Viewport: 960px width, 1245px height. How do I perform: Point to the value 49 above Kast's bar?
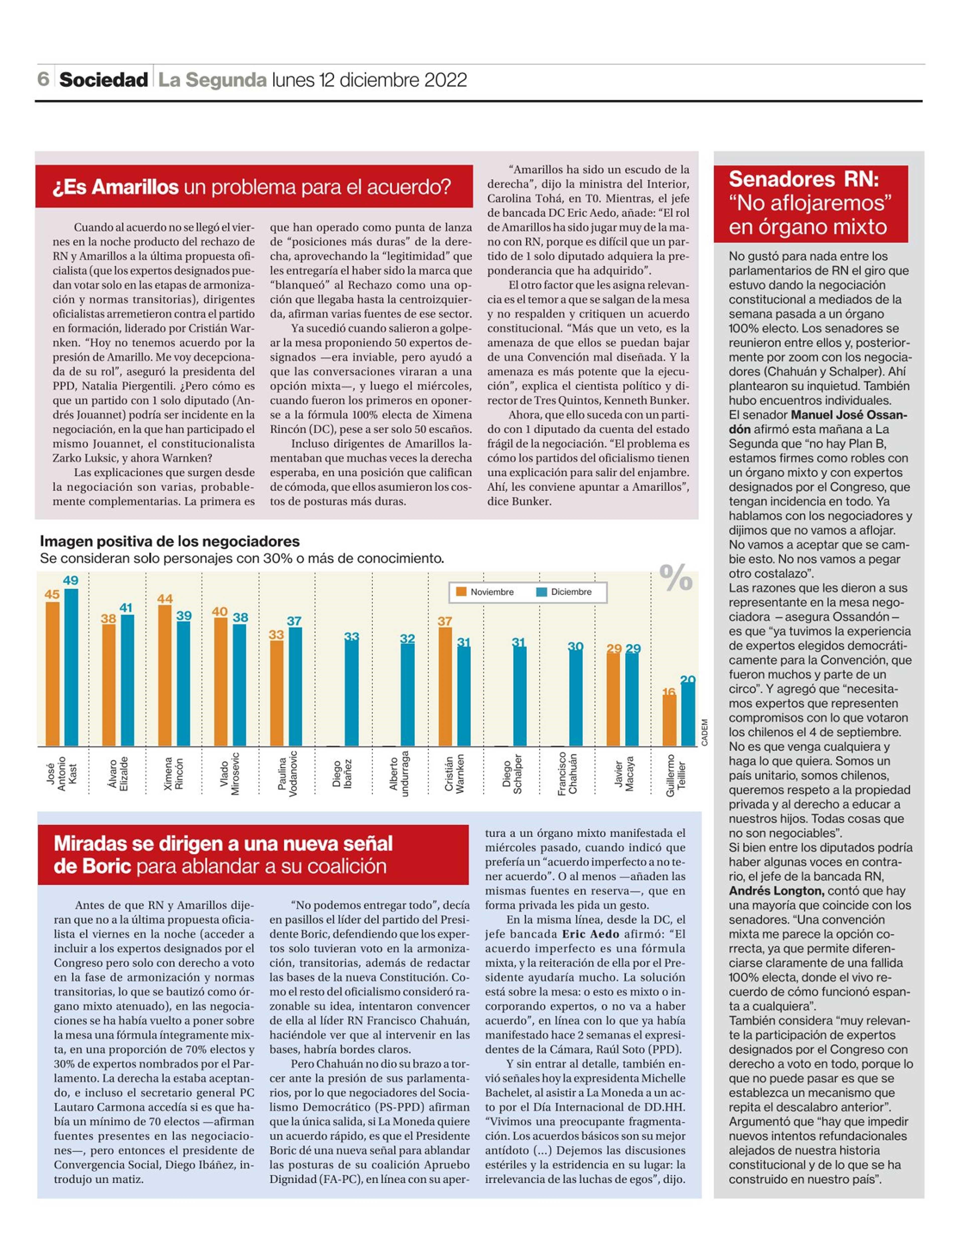[x=71, y=580]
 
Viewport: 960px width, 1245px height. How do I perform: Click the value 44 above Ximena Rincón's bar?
[x=165, y=599]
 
